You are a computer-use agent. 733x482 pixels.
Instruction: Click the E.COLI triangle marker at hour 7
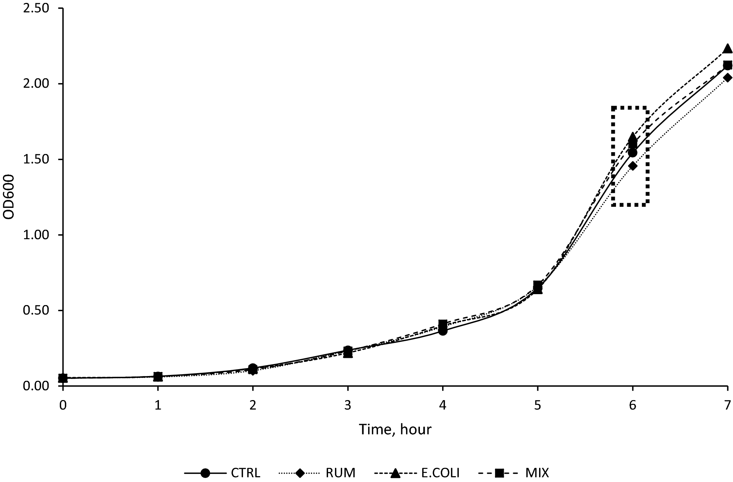[728, 49]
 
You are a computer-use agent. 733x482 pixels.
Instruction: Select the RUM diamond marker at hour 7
[728, 78]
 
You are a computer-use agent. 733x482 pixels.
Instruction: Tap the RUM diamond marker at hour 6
[633, 166]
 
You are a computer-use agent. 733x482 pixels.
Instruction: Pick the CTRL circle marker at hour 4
[443, 331]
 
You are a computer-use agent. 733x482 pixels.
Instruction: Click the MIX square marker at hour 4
[443, 324]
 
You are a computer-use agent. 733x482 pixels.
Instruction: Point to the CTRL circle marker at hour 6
[633, 153]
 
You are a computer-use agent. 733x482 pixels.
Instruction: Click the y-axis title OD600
[9, 197]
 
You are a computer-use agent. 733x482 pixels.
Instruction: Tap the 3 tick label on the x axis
[348, 405]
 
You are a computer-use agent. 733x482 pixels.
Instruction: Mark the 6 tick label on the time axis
[633, 405]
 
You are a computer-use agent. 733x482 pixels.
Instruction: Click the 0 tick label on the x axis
[63, 405]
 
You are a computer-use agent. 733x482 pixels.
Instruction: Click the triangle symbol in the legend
[395, 473]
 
